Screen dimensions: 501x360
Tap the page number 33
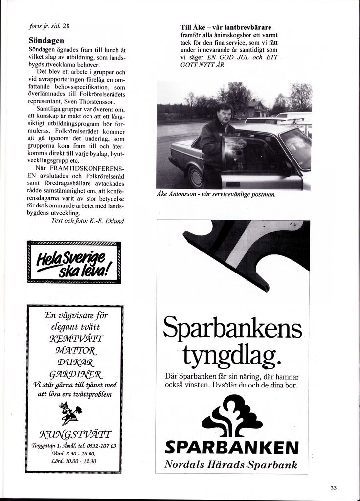(x=334, y=487)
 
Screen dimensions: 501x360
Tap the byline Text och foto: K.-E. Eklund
(x=88, y=221)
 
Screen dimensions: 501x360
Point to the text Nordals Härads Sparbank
(x=231, y=464)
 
